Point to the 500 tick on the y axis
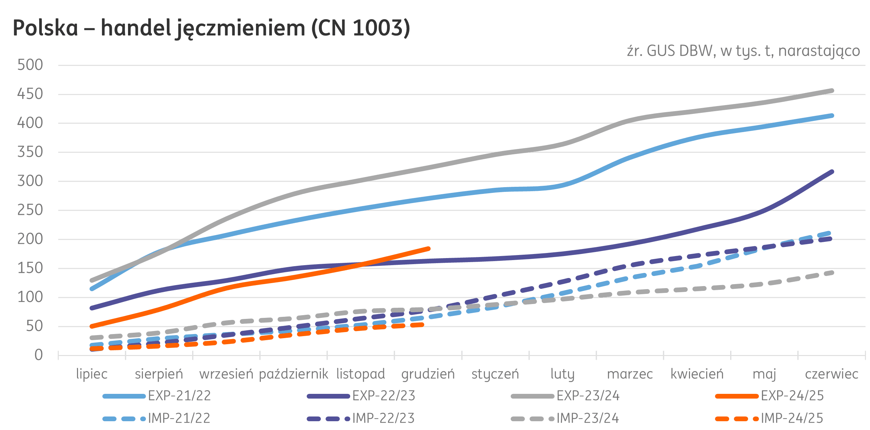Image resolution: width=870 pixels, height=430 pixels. pyautogui.click(x=30, y=65)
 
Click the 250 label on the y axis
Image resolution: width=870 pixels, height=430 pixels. pyautogui.click(x=30, y=210)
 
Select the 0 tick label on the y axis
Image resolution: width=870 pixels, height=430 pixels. pyautogui.click(x=39, y=355)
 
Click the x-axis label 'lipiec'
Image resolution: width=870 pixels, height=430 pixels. pyautogui.click(x=92, y=374)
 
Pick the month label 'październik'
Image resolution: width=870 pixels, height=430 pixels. pyautogui.click(x=293, y=374)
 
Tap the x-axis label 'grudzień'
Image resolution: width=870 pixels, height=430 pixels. pyautogui.click(x=428, y=374)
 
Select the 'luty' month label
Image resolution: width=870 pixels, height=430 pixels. pyautogui.click(x=562, y=374)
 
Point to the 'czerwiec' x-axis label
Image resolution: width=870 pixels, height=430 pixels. pyautogui.click(x=831, y=374)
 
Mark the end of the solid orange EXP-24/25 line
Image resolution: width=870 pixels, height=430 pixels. pyautogui.click(x=428, y=249)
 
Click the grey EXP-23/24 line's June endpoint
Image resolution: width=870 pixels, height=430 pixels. pyautogui.click(x=831, y=91)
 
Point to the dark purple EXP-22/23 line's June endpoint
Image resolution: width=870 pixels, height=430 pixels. pyautogui.click(x=831, y=172)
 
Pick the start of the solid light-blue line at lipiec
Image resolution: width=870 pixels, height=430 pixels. pyautogui.click(x=92, y=289)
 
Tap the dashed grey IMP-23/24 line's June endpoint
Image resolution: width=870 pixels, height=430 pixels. pyautogui.click(x=831, y=273)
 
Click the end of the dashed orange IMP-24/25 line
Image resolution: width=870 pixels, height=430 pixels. pyautogui.click(x=421, y=325)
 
